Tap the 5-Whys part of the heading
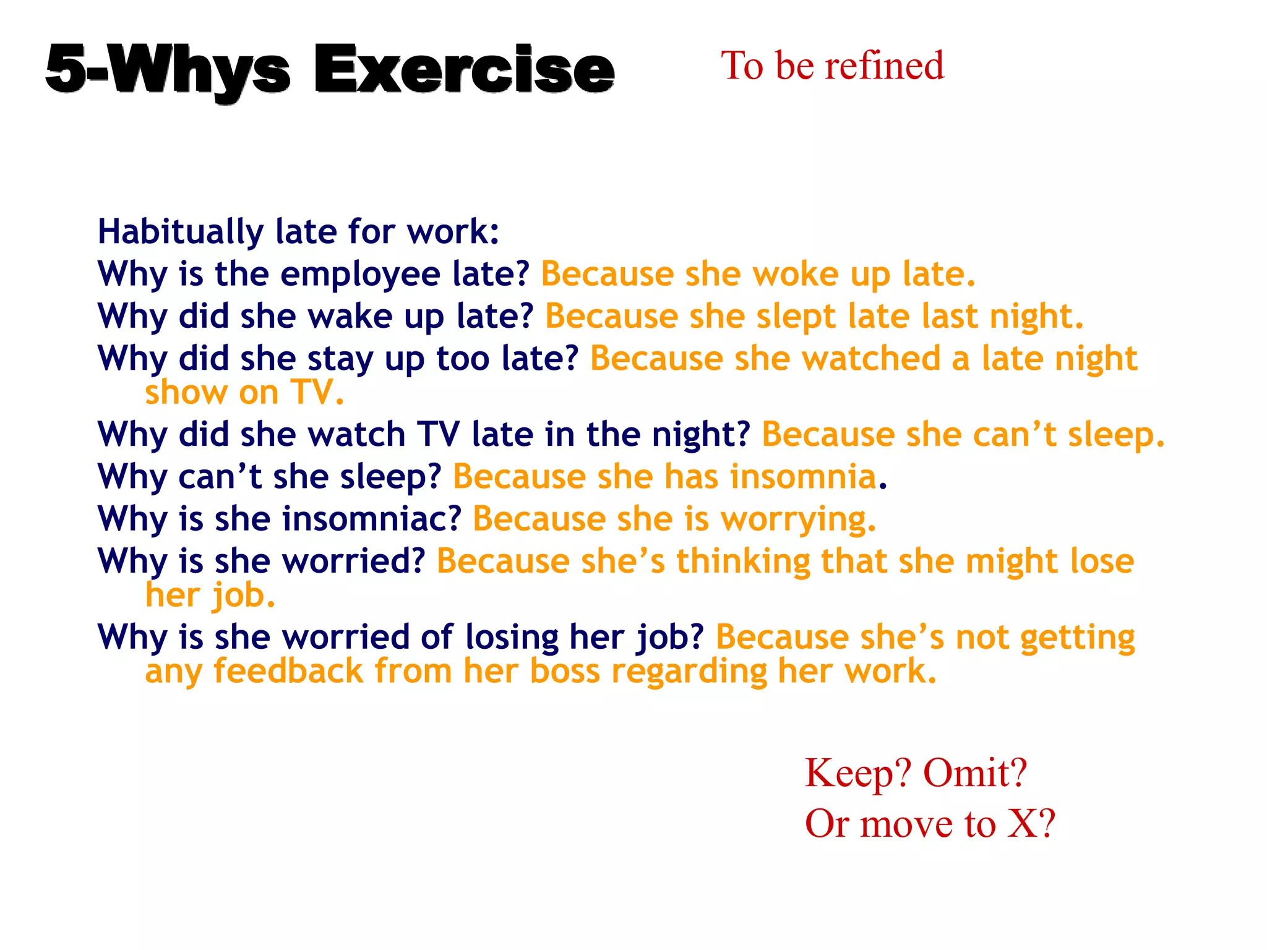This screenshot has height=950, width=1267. coord(167,69)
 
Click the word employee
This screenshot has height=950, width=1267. coord(360,275)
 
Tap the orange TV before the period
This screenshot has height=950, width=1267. coord(313,393)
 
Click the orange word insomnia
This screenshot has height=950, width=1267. coord(802,477)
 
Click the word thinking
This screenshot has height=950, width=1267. coord(742,562)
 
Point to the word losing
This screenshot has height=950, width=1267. coord(512,637)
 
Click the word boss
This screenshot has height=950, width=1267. coord(565,672)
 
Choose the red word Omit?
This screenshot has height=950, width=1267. coord(974,774)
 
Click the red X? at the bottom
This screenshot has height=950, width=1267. coord(1031,824)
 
